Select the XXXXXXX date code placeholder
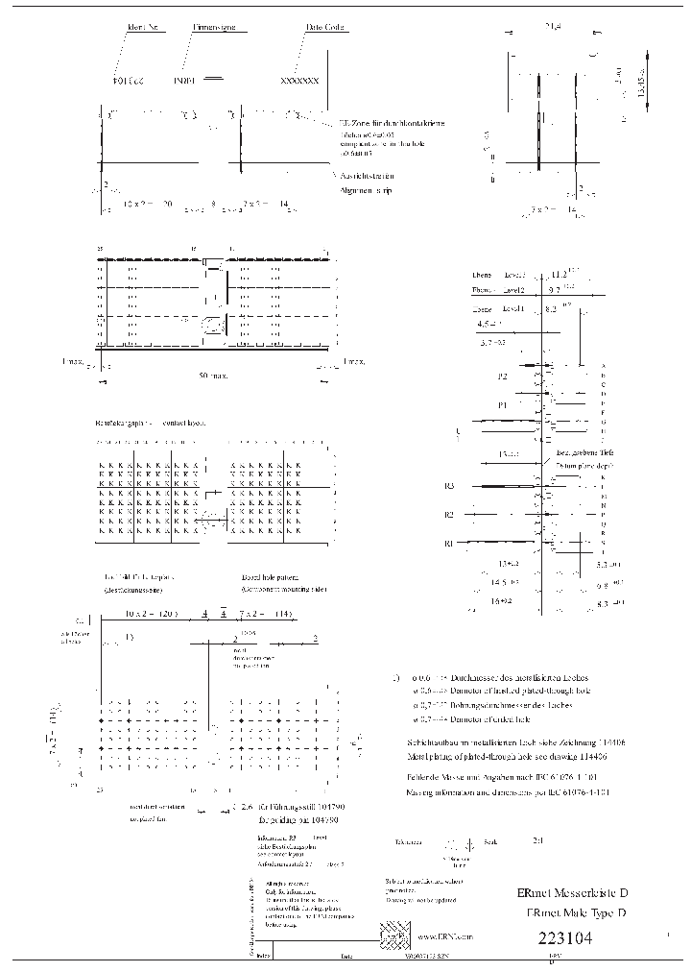point(298,83)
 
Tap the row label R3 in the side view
point(449,486)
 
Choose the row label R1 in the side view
point(448,544)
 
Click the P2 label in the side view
point(502,377)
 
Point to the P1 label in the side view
point(502,405)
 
